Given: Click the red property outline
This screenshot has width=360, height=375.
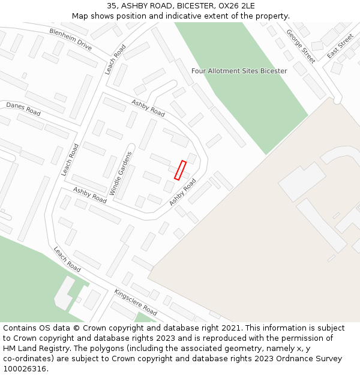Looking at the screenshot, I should [x=180, y=170].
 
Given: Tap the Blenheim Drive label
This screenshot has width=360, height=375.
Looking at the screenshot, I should [x=70, y=40].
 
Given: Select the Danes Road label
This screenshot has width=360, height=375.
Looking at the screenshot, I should [x=23, y=109].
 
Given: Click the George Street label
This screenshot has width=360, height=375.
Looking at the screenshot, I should [x=301, y=46].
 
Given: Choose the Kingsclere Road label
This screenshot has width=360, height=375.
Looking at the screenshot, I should [x=136, y=302].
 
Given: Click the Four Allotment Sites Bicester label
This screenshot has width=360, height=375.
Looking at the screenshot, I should [x=239, y=71].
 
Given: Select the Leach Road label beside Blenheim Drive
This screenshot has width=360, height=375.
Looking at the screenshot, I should [x=116, y=59].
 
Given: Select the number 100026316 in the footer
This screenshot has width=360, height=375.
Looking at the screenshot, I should [x=25, y=369].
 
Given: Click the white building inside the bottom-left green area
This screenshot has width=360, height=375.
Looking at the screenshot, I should [x=65, y=293].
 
